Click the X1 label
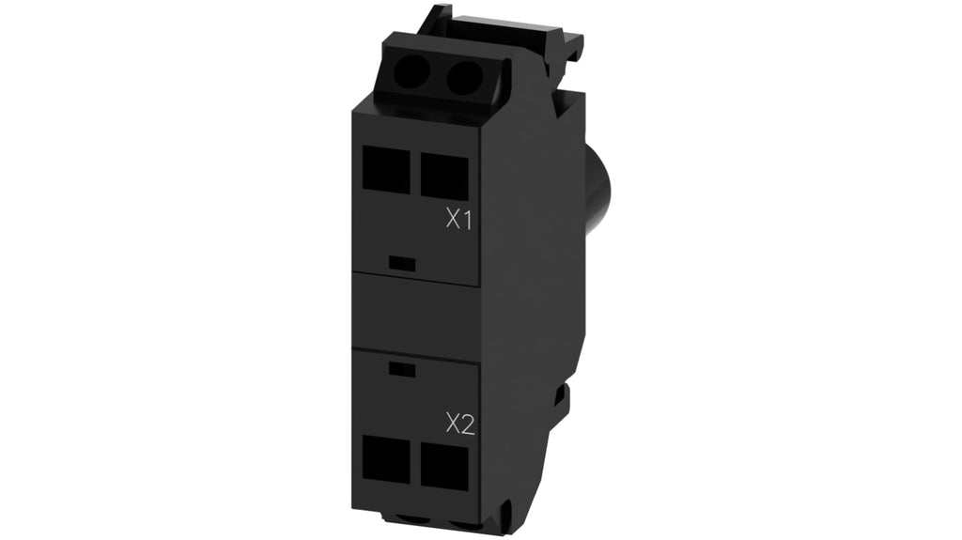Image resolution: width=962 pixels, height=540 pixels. point(458,219)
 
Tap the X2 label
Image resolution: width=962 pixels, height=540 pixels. point(460,424)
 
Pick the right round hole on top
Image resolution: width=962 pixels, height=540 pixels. point(460,76)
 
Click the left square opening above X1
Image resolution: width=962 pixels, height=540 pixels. point(386,168)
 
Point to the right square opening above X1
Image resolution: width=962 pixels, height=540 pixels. point(444,175)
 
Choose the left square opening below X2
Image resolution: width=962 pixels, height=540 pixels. point(386,459)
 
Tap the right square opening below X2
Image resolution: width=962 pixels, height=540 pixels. point(444,465)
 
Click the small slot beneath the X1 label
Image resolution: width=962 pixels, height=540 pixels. point(402,264)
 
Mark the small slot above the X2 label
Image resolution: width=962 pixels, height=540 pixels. point(402,370)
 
